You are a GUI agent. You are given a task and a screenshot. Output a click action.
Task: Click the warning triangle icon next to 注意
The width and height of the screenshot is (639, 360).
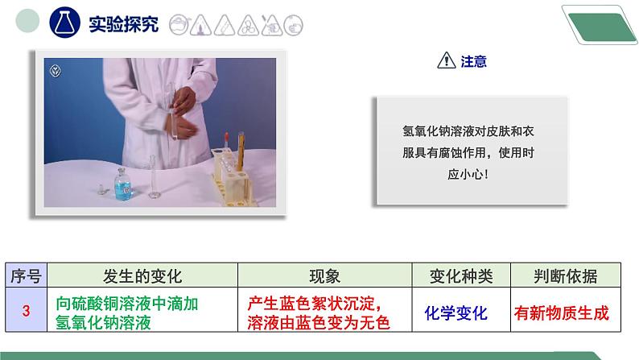point(445,61)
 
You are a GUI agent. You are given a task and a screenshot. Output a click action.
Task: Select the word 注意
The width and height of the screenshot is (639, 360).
point(474,61)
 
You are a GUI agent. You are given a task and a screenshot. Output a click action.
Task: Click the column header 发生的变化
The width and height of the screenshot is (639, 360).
point(142,276)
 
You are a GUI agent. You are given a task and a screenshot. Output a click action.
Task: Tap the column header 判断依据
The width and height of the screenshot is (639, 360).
point(565,276)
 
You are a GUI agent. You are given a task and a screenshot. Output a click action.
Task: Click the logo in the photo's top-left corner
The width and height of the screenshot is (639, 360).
point(56,68)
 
